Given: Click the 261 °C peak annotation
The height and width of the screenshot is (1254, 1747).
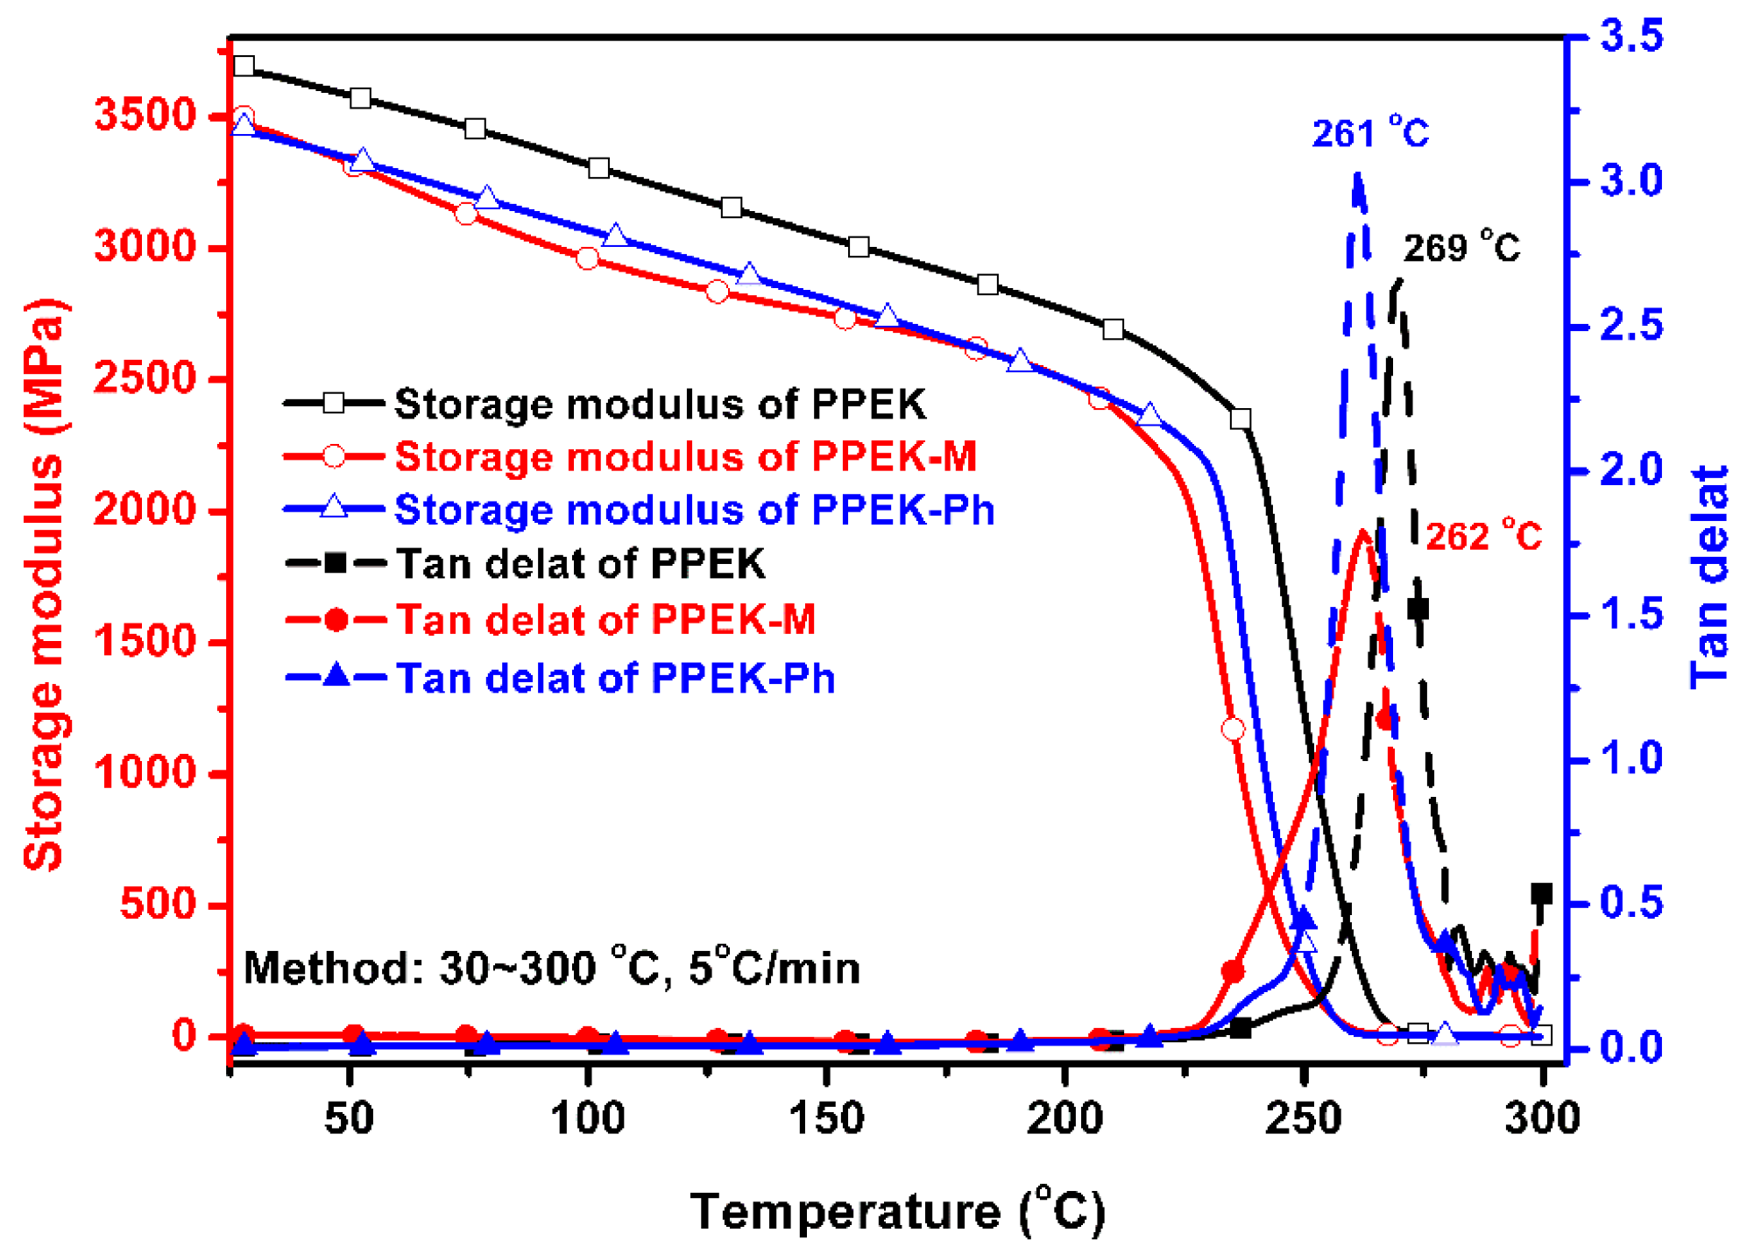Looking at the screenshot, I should coord(1369,134).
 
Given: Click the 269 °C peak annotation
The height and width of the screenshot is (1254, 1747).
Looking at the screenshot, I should coord(1461,248).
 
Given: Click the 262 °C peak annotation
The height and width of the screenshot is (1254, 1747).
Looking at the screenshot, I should coord(1482,535).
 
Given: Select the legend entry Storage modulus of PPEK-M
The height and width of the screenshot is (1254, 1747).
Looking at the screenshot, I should coord(684,456).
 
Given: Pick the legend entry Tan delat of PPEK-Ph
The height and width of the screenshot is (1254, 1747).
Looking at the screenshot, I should coord(615,678).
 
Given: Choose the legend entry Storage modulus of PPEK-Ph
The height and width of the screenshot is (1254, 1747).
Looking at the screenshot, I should coord(694,509).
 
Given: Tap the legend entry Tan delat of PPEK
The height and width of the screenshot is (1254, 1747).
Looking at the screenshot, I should coord(580,563).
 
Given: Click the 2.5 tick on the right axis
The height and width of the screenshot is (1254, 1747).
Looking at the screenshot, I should coord(1630,326).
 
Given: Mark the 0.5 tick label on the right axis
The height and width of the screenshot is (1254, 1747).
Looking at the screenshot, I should coord(1630,903).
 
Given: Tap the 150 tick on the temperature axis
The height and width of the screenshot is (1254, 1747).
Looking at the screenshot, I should coord(826,1118).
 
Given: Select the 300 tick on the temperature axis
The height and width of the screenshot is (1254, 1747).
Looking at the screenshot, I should coord(1541,1118).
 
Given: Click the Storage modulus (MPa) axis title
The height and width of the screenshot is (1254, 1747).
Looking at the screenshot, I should coord(44,584).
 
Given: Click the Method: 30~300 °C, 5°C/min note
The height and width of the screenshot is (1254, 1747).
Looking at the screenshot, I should coord(551,968).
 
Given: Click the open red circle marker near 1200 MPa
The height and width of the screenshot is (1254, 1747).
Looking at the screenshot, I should coord(1232,729).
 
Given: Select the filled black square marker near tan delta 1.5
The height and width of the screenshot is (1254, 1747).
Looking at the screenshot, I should coord(1418,609).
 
